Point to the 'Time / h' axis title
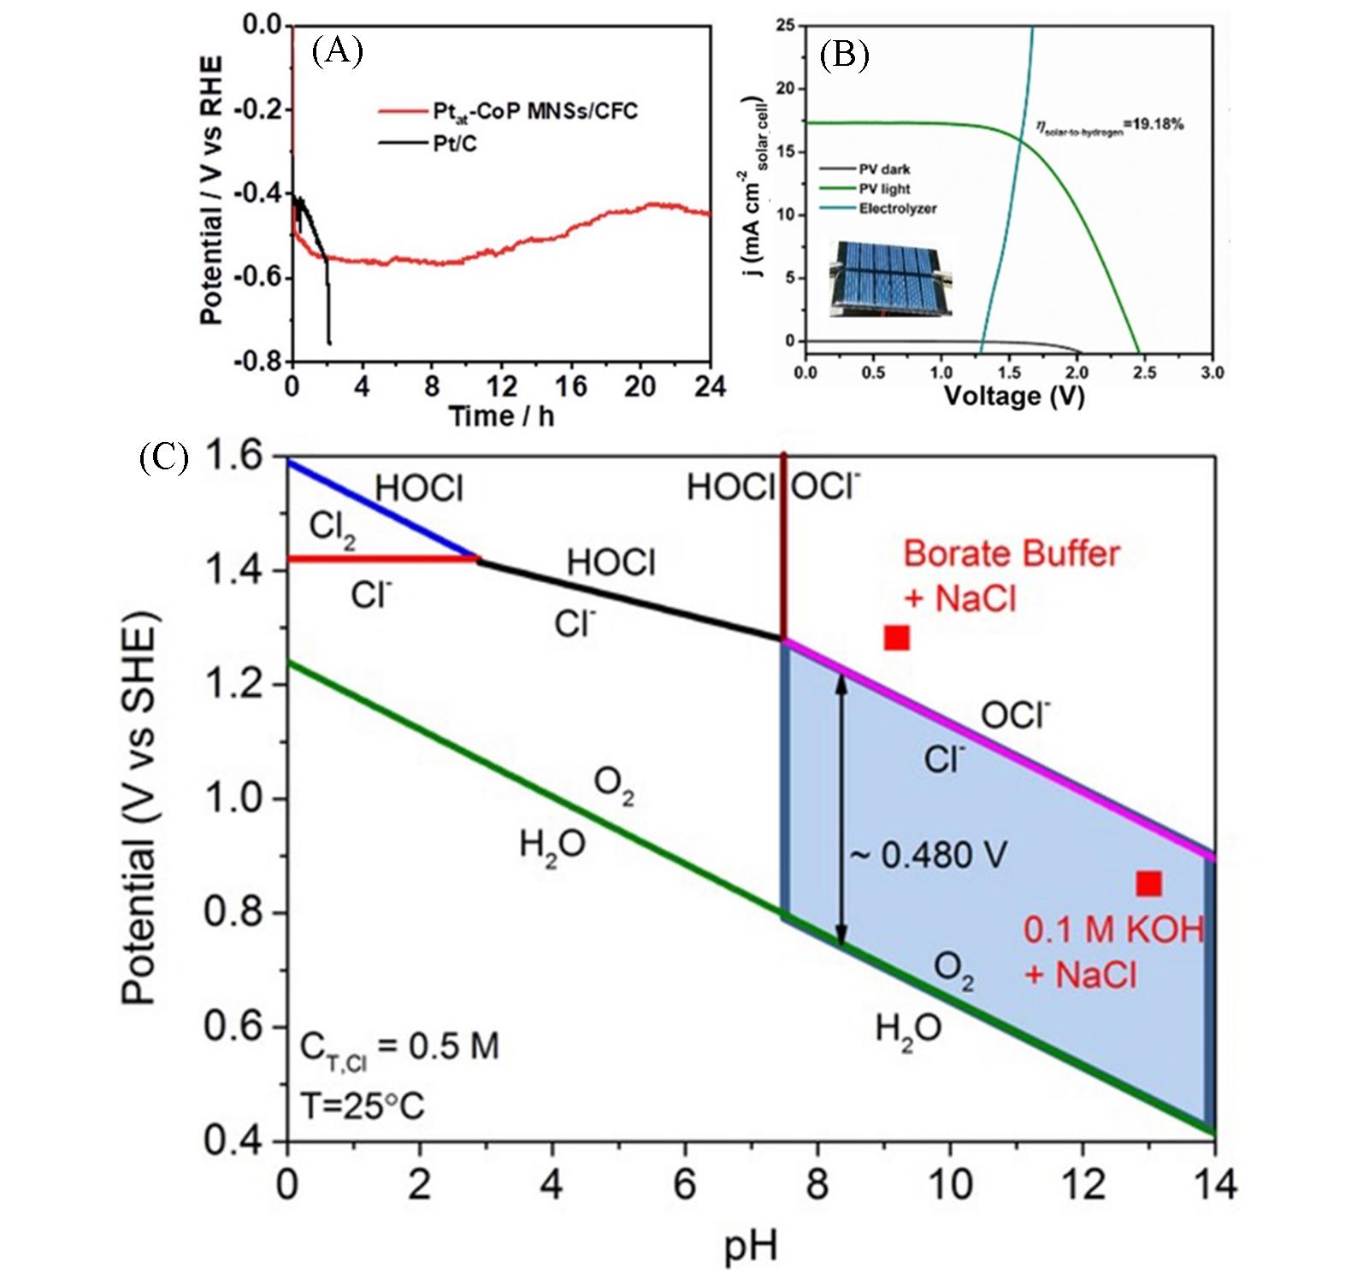[x=501, y=416]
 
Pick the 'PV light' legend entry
[x=884, y=189]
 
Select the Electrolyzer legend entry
[x=897, y=209]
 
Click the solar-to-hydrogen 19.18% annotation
[x=1109, y=126]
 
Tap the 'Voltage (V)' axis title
[x=1013, y=396]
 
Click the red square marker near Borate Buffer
[x=896, y=638]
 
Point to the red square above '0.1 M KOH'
[x=1148, y=884]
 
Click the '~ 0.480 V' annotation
[x=929, y=854]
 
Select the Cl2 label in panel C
[x=333, y=528]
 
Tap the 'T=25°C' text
[x=362, y=1106]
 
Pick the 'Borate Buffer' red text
[x=1011, y=554]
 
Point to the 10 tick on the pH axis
[x=950, y=1185]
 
